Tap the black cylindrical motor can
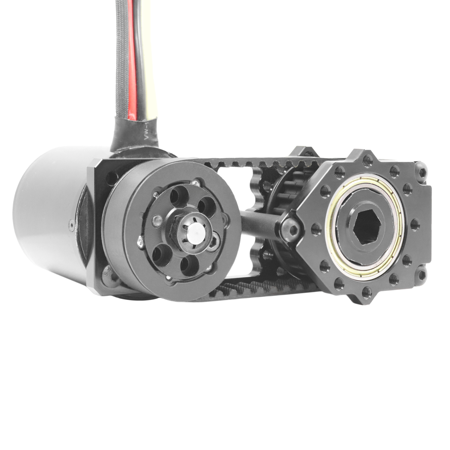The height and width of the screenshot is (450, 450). tap(46, 214)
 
